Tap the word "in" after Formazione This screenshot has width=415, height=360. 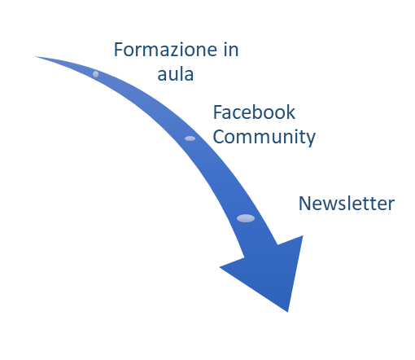click(x=231, y=50)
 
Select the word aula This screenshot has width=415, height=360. click(x=176, y=74)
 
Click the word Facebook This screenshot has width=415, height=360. click(x=254, y=112)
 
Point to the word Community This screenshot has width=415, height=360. click(x=264, y=137)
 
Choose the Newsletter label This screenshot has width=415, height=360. click(x=347, y=204)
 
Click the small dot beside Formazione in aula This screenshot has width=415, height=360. click(x=95, y=74)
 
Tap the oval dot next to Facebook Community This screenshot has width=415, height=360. click(x=190, y=138)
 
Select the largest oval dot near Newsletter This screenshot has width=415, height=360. click(x=246, y=218)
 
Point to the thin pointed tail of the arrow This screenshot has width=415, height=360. click(x=37, y=57)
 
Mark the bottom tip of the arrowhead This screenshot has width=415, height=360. click(x=287, y=312)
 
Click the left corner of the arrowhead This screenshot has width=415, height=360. click(x=220, y=267)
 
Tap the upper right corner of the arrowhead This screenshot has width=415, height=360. click(x=303, y=235)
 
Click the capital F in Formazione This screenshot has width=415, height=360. click(x=119, y=50)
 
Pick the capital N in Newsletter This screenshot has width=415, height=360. click(x=304, y=204)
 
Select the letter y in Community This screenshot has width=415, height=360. click(x=310, y=139)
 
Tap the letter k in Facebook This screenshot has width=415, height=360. click(x=290, y=112)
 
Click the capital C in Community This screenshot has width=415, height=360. click(x=219, y=137)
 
